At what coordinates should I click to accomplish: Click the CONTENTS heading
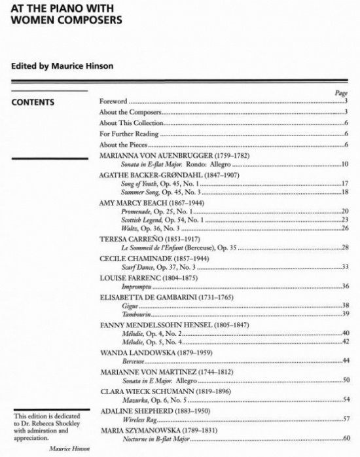[x=33, y=102]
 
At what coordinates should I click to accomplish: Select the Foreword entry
[x=113, y=101]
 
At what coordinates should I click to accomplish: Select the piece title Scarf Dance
[x=138, y=267]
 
